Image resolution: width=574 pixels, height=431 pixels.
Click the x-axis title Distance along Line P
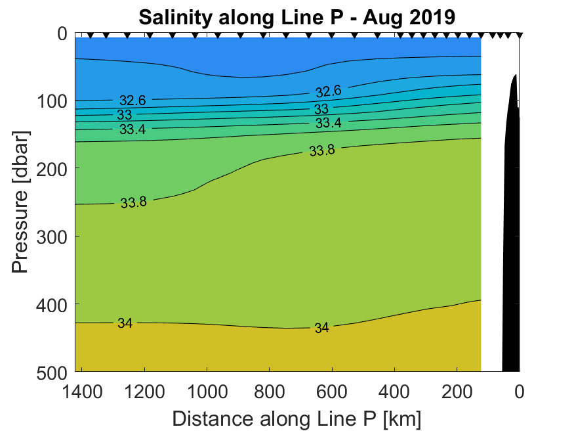[x=297, y=418]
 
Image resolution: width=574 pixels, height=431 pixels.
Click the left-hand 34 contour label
[x=125, y=323]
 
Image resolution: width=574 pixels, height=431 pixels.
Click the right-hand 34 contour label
[x=321, y=327]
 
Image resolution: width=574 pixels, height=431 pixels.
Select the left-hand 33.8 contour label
[x=133, y=202]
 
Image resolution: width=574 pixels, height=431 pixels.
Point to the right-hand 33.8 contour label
[x=322, y=151]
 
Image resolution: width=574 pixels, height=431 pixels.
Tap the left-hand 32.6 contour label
[x=133, y=101]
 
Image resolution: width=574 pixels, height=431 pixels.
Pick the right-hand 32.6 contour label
[x=329, y=91]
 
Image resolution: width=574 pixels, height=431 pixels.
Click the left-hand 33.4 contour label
[x=133, y=129]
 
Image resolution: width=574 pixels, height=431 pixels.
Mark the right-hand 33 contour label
[x=321, y=109]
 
